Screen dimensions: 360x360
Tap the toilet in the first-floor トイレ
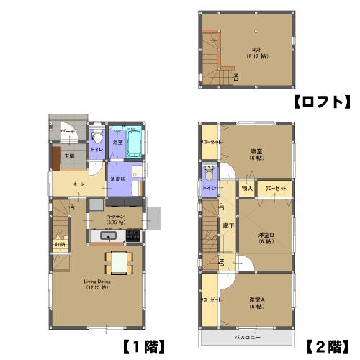coord(96,134)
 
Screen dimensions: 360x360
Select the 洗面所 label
coord(117,179)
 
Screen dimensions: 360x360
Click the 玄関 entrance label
coord(70,155)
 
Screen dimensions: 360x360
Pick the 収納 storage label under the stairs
coord(59,243)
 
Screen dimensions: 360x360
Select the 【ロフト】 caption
coord(321,102)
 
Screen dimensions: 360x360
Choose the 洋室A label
coord(257,302)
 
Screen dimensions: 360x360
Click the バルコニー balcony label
coord(247,336)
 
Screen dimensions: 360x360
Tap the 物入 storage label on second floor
coord(246,188)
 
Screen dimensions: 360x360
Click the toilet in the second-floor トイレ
coord(208,174)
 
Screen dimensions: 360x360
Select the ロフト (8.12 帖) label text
coord(256,53)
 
